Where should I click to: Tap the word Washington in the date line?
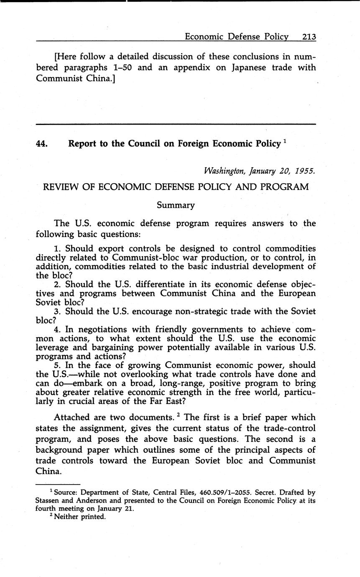pos(225,171)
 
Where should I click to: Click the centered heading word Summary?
pos(176,205)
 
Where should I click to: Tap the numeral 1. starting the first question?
pos(58,249)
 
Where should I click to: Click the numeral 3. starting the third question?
pos(58,311)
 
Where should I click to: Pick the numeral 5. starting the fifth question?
pos(58,365)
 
